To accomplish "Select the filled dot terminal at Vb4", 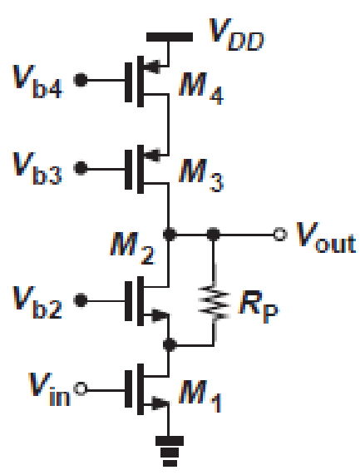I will pyautogui.click(x=80, y=82).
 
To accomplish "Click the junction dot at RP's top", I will pyautogui.click(x=215, y=235).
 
